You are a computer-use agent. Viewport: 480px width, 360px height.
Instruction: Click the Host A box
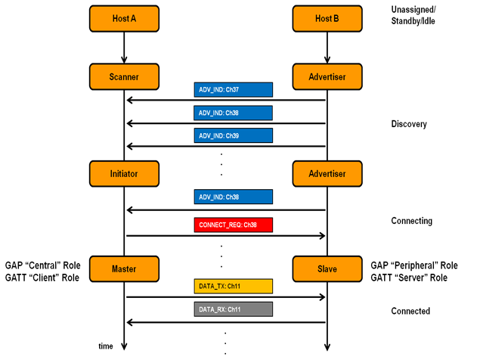(124, 19)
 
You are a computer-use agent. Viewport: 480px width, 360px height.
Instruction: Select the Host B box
(327, 19)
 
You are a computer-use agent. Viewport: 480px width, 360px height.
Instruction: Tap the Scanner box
(124, 76)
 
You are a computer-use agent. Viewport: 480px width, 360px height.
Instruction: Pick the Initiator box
(124, 174)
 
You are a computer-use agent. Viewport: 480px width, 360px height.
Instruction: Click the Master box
(124, 269)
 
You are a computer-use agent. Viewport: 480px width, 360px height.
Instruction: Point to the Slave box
(327, 269)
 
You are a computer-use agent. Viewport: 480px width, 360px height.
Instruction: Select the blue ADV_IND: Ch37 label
(234, 90)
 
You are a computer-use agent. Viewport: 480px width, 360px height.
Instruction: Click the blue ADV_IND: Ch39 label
(234, 135)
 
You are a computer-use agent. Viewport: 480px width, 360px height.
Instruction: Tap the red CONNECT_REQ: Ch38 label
(234, 225)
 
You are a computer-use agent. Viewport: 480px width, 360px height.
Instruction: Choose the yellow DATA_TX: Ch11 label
(234, 286)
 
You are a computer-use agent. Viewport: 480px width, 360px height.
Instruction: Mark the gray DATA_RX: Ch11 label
(234, 309)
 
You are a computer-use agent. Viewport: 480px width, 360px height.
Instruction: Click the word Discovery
(409, 124)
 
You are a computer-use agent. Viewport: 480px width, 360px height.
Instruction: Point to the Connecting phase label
(412, 221)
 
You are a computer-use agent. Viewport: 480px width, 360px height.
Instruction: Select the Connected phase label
(410, 311)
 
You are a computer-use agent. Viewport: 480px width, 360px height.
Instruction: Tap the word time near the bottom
(106, 346)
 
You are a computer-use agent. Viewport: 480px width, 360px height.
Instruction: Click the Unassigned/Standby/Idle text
(413, 15)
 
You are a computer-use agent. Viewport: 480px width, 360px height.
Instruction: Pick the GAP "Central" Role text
(43, 265)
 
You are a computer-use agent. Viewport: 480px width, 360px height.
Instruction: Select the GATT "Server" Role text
(409, 278)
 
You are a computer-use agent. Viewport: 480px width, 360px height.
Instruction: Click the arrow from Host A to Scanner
(124, 48)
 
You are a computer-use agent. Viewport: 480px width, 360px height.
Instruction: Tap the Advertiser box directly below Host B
(327, 76)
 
